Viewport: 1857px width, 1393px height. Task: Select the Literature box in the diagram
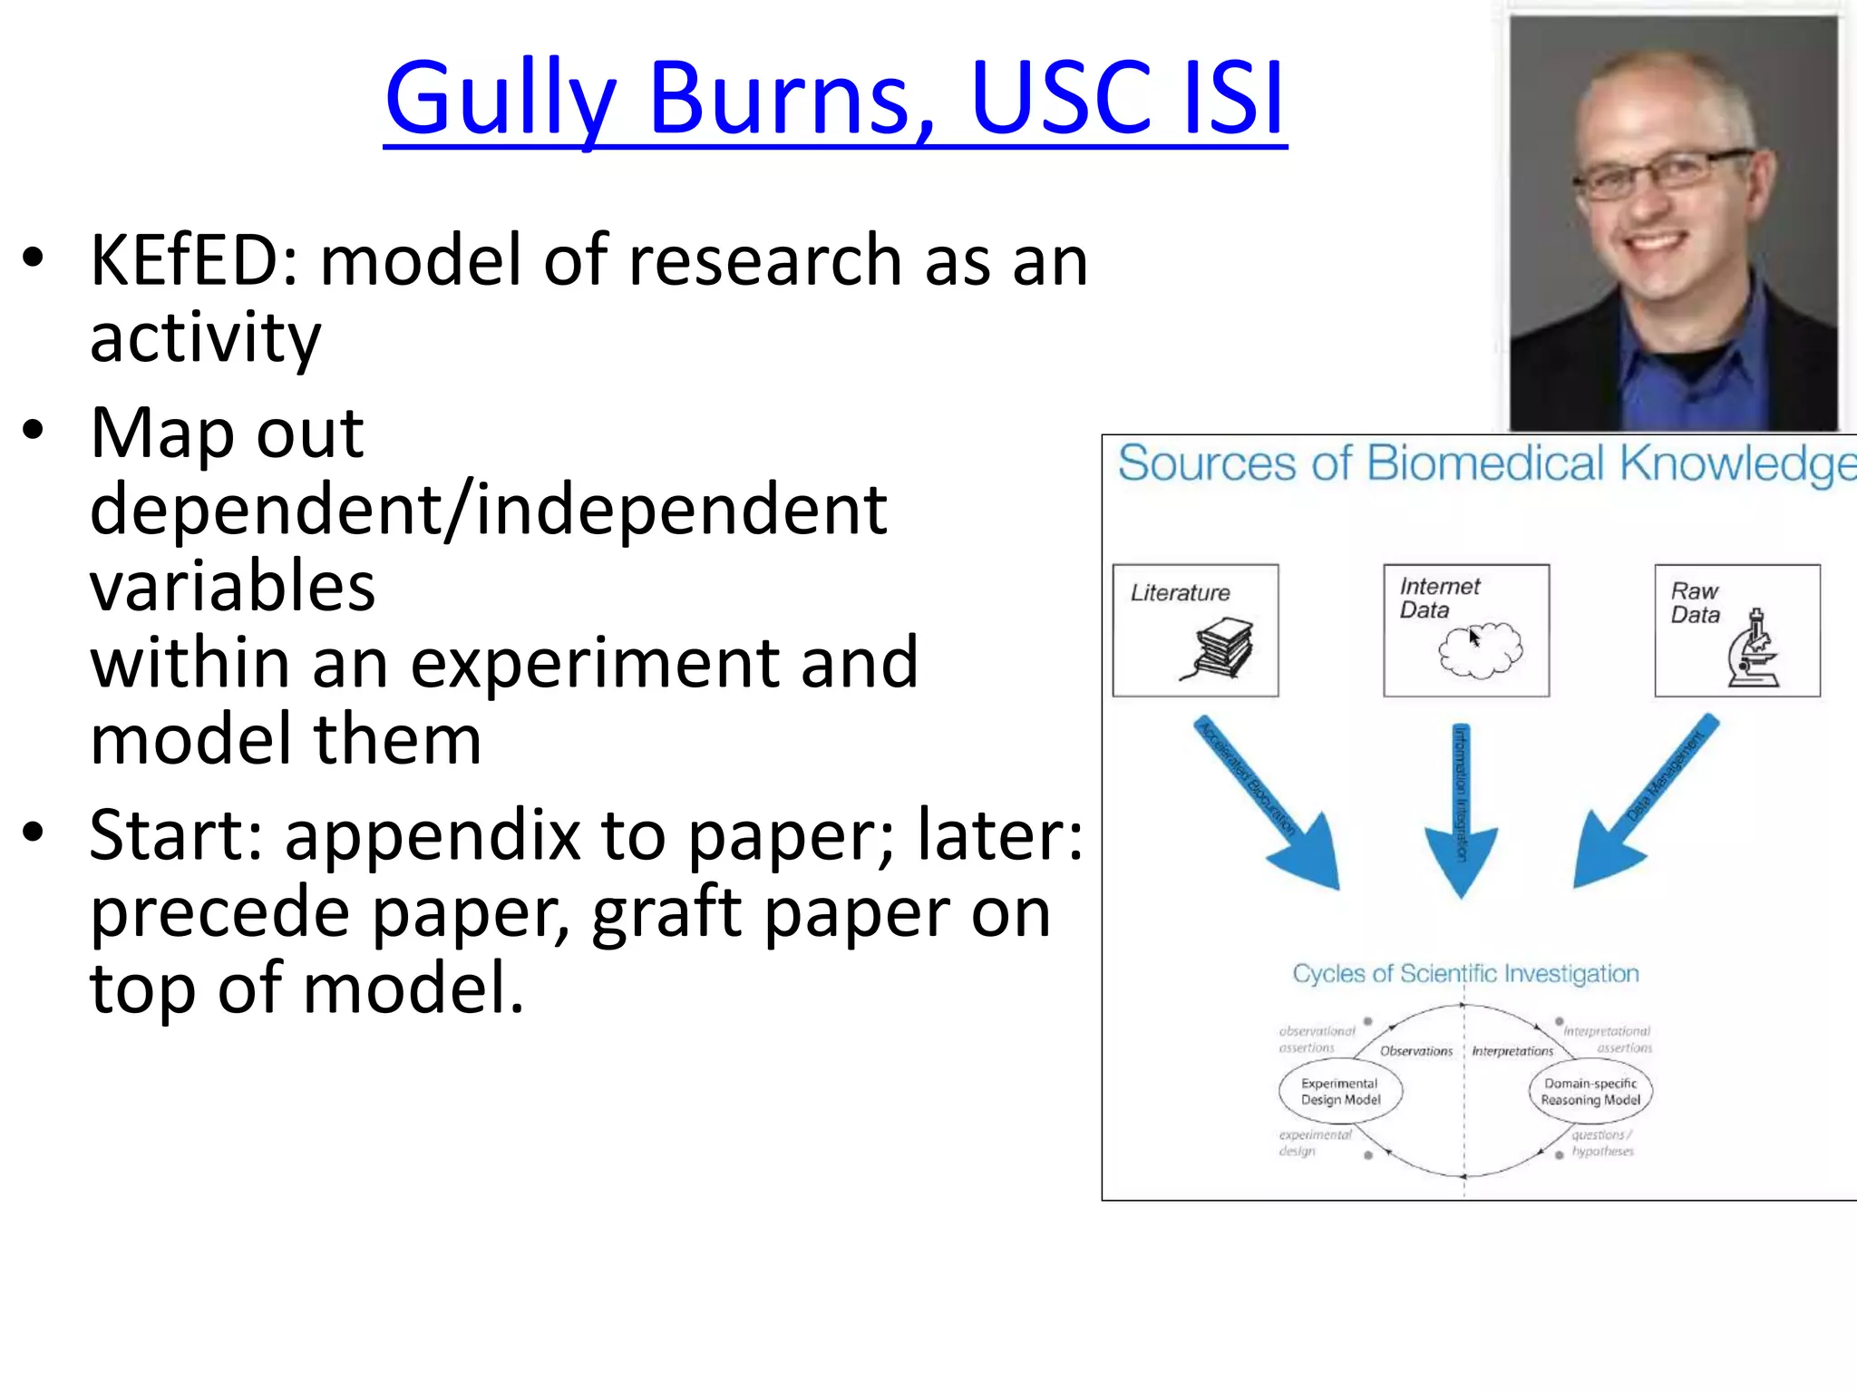point(1195,630)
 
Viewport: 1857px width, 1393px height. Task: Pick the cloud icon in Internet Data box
point(1480,649)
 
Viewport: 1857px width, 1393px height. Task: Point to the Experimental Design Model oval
point(1340,1092)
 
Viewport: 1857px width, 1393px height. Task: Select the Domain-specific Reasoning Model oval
point(1590,1092)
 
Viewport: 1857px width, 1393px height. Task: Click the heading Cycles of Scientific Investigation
point(1465,974)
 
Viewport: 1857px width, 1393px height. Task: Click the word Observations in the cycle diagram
point(1415,1051)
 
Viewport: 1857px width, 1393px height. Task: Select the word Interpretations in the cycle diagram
point(1512,1051)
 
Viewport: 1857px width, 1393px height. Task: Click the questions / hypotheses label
point(1602,1143)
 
